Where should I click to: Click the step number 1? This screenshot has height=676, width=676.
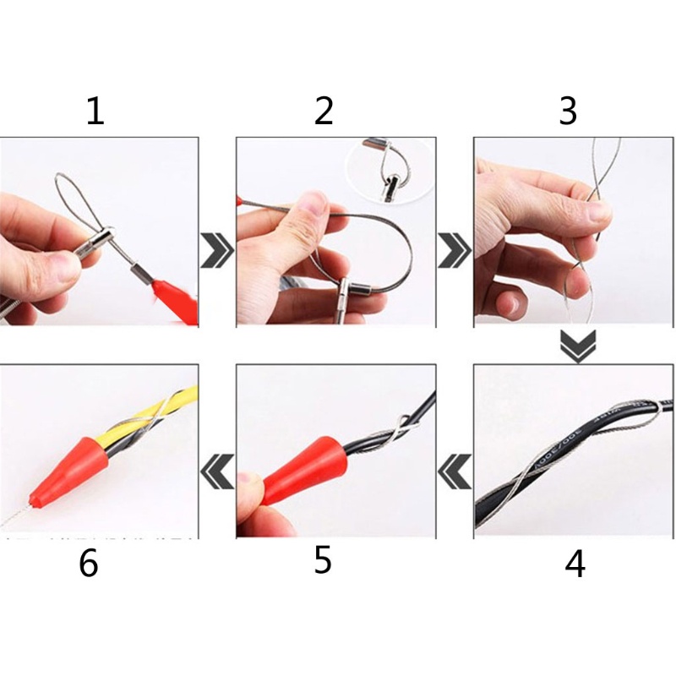(95, 112)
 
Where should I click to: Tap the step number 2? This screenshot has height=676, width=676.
(324, 112)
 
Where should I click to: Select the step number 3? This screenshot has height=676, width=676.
(568, 111)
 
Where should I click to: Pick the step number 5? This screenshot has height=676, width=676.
(323, 560)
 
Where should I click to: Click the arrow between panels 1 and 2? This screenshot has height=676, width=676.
(217, 251)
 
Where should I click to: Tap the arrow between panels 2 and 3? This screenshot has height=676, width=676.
(455, 251)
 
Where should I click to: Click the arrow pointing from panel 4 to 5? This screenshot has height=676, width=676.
(455, 470)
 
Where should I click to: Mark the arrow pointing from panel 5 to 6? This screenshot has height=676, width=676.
(216, 470)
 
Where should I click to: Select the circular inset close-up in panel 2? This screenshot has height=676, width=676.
(390, 169)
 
